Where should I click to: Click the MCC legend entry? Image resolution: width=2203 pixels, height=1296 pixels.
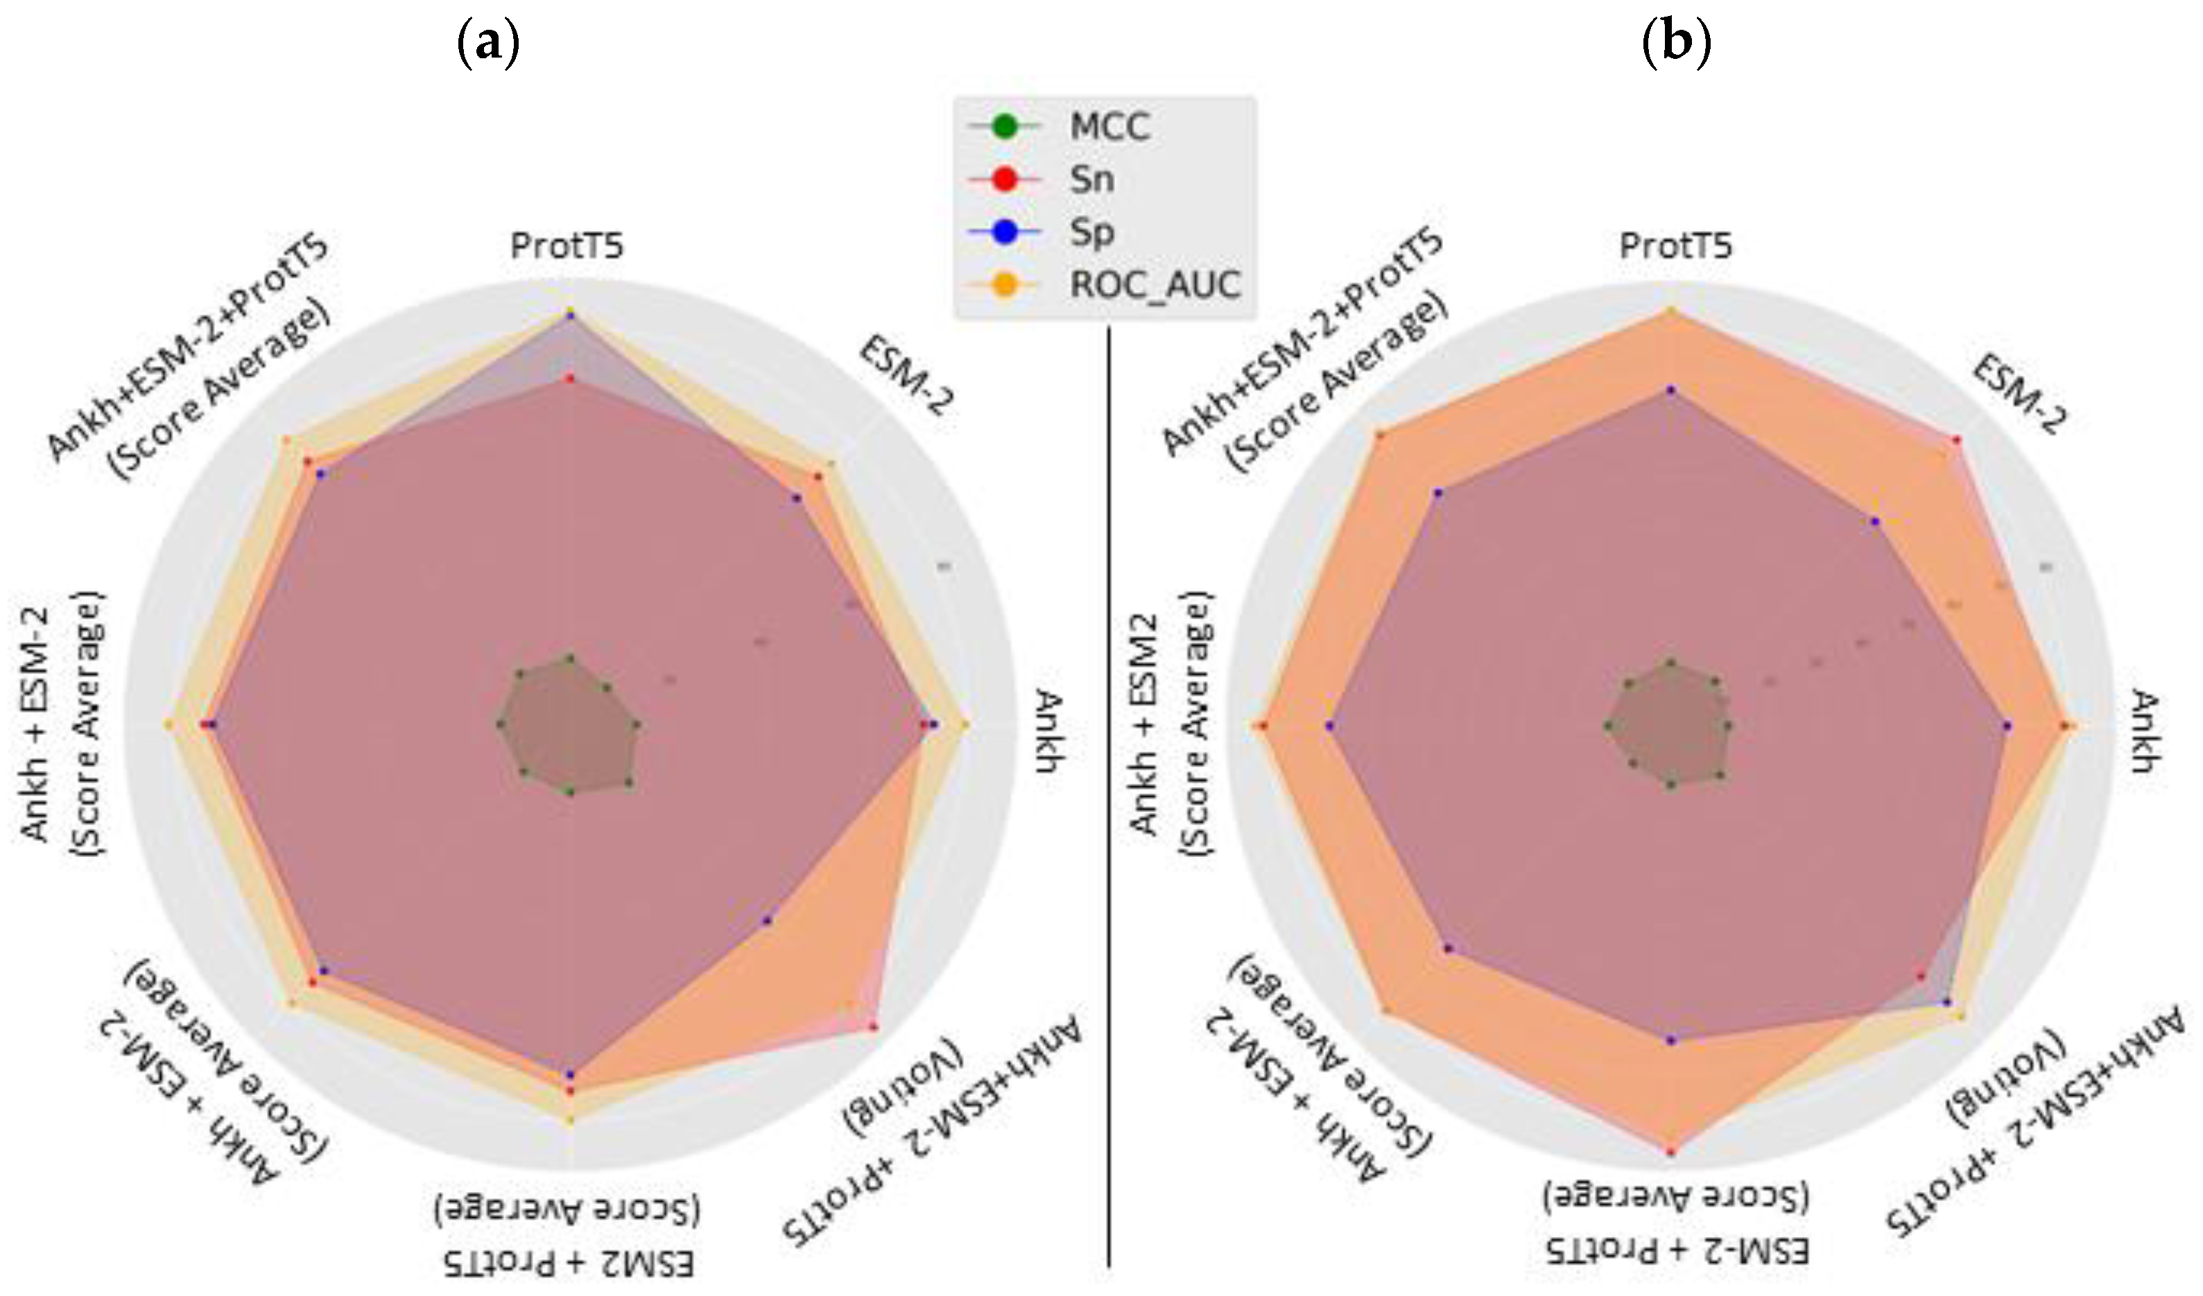[x=1109, y=128]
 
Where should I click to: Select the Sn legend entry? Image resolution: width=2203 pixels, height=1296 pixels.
[x=1091, y=180]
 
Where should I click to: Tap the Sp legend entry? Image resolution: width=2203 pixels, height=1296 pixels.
[x=1091, y=232]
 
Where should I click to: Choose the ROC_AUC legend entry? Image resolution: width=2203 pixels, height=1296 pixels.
[x=1154, y=285]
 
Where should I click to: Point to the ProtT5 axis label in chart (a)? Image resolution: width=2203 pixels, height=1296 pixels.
[x=567, y=247]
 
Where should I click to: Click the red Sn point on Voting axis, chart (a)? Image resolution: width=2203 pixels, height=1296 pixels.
[x=872, y=1027]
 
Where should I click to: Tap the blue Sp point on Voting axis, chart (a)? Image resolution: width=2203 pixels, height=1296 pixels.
[x=768, y=920]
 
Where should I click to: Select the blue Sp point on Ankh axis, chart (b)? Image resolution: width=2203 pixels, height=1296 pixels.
[x=2007, y=725]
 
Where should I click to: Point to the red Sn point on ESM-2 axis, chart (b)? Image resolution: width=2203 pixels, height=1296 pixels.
[x=1956, y=439]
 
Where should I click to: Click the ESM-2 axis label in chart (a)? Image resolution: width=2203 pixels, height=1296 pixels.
[x=906, y=378]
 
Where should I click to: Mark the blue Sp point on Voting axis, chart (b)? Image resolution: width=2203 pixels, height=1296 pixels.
[x=1946, y=1001]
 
